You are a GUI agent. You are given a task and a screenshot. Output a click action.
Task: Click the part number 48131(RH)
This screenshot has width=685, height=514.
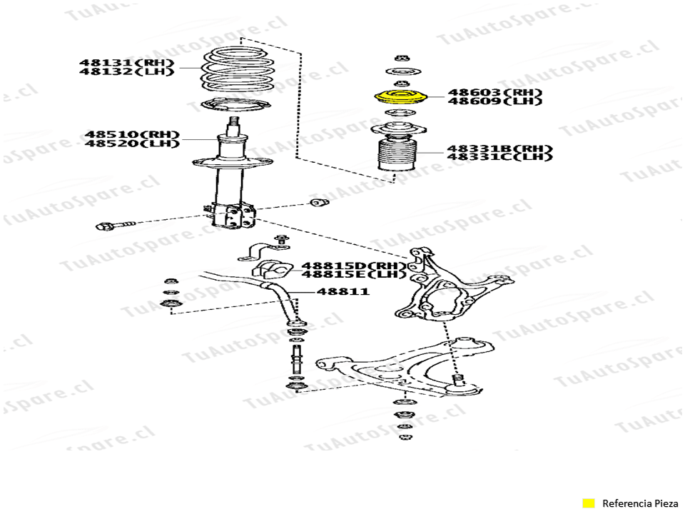tap(127, 63)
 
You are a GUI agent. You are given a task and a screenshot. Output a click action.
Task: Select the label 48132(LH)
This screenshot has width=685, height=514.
tap(127, 71)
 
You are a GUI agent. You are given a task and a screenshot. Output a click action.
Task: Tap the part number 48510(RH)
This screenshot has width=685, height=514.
tap(132, 135)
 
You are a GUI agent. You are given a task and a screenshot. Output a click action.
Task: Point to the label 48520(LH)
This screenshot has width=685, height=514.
tap(132, 143)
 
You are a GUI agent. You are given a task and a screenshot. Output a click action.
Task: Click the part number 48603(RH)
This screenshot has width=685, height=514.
tap(495, 93)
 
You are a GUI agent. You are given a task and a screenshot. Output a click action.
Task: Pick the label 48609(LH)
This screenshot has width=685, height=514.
tap(495, 101)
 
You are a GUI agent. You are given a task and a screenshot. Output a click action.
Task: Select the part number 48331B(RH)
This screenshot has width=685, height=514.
tap(499, 148)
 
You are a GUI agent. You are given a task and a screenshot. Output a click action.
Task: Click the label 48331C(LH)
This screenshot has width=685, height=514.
tap(499, 156)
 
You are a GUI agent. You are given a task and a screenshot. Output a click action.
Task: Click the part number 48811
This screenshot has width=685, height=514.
tap(343, 291)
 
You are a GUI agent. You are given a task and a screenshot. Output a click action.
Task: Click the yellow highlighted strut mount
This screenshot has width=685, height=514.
tap(400, 98)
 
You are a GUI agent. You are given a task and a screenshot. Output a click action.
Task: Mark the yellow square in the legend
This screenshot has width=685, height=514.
tap(589, 503)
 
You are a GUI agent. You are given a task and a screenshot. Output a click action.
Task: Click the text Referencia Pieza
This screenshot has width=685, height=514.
tap(640, 503)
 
